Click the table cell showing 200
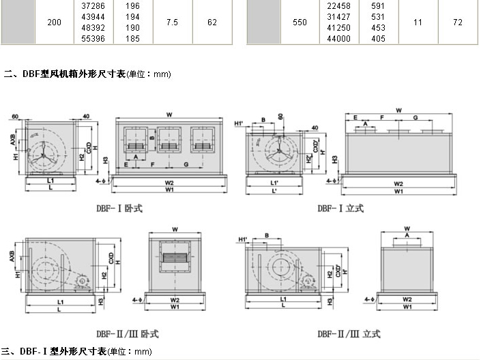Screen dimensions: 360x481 coord(55,22)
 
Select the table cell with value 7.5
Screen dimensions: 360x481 coord(173,22)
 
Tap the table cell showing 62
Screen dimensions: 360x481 coord(212,22)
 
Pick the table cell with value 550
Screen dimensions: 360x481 coord(300,22)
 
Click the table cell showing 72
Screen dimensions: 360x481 coord(457,22)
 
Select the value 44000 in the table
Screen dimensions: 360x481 coord(339,39)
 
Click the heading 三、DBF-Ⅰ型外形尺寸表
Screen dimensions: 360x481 coord(75,352)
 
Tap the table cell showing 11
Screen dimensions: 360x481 coord(418,22)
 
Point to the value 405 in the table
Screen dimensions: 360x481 coord(379,39)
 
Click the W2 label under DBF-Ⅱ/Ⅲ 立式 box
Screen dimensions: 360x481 coord(407,299)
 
